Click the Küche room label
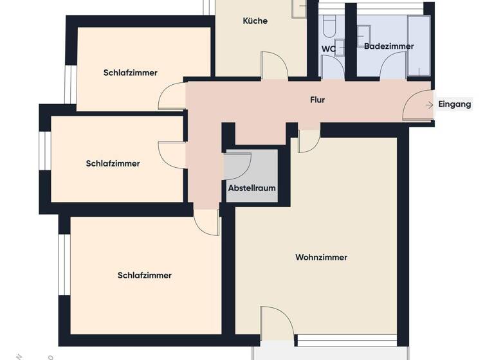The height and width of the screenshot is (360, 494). [x=255, y=21]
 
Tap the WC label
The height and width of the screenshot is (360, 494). [x=328, y=49]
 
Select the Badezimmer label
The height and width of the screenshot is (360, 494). [x=389, y=46]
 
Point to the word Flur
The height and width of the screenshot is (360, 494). [x=317, y=100]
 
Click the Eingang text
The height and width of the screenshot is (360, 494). [x=454, y=104]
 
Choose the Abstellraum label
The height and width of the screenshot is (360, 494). [x=252, y=188]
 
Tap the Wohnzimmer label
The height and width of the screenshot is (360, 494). [x=321, y=258]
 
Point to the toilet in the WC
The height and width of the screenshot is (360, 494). [x=329, y=26]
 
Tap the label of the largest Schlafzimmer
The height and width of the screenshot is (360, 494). [x=145, y=276]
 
